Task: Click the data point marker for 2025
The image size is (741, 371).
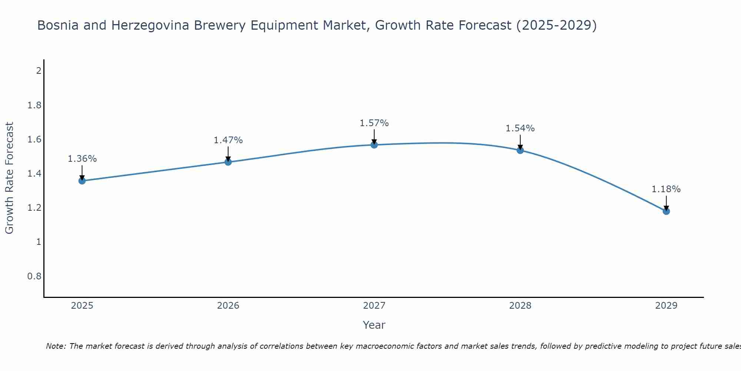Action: (82, 181)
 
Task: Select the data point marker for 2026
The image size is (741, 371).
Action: (228, 162)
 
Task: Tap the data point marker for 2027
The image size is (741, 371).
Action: (374, 145)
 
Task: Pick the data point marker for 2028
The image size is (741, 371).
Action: (520, 150)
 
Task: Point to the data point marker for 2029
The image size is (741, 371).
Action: (666, 211)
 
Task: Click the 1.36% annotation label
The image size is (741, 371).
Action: (82, 159)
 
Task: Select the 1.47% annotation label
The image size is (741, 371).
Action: (228, 140)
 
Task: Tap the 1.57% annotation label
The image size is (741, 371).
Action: (374, 123)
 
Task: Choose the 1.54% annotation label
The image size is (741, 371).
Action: (520, 128)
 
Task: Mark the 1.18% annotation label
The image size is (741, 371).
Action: (666, 189)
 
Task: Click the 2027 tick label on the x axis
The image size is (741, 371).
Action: (374, 306)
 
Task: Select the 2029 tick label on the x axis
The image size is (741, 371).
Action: (666, 306)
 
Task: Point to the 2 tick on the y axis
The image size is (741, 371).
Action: (39, 70)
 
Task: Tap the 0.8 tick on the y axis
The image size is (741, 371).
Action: (34, 276)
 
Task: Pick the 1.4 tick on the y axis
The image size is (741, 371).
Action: (34, 174)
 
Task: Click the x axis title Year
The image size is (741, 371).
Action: (374, 325)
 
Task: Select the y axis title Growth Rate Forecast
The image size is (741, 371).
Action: (9, 178)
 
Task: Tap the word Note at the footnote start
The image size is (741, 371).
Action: (56, 346)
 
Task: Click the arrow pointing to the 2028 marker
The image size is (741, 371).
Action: (520, 142)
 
